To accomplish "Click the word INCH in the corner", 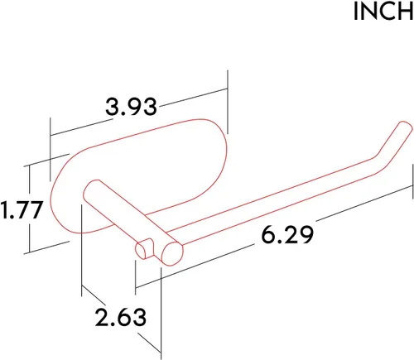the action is coord(383,12).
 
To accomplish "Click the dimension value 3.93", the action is coord(131,107).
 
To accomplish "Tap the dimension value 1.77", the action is coord(22,210).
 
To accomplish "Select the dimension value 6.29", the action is coord(287,235).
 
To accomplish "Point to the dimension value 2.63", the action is coord(121,318).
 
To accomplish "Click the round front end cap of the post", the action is coord(173,254).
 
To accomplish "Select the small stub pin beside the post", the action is coord(144,249).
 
